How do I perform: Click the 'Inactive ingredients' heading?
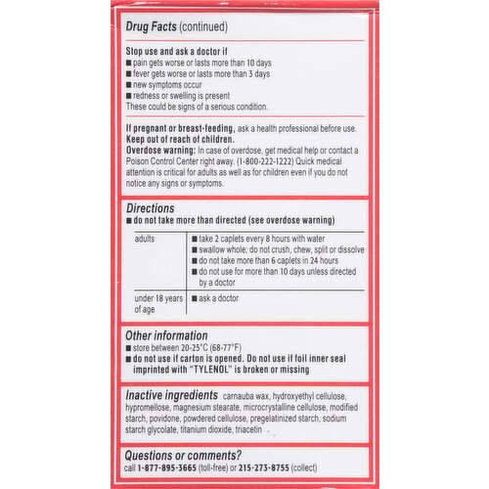(x=170, y=395)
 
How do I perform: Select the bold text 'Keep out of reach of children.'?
(x=186, y=139)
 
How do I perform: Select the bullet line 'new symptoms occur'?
(x=175, y=85)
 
